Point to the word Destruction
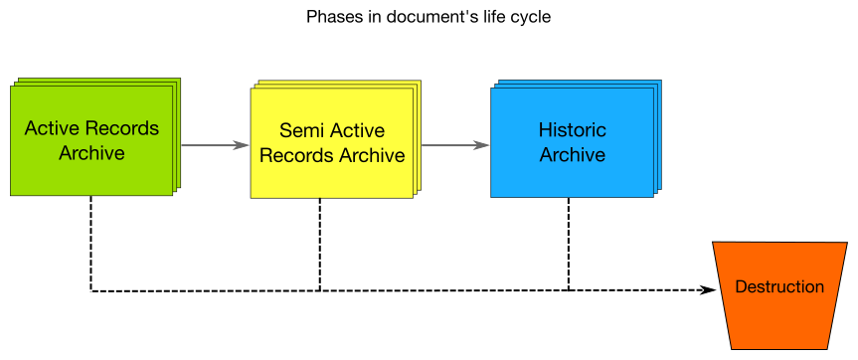click(x=779, y=287)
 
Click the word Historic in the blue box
click(x=572, y=130)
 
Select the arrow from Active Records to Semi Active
click(x=213, y=145)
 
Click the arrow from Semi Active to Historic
click(x=454, y=145)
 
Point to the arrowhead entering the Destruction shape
click(x=707, y=290)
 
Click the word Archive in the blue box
click(x=572, y=155)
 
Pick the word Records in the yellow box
click(x=296, y=155)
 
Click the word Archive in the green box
click(x=91, y=153)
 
